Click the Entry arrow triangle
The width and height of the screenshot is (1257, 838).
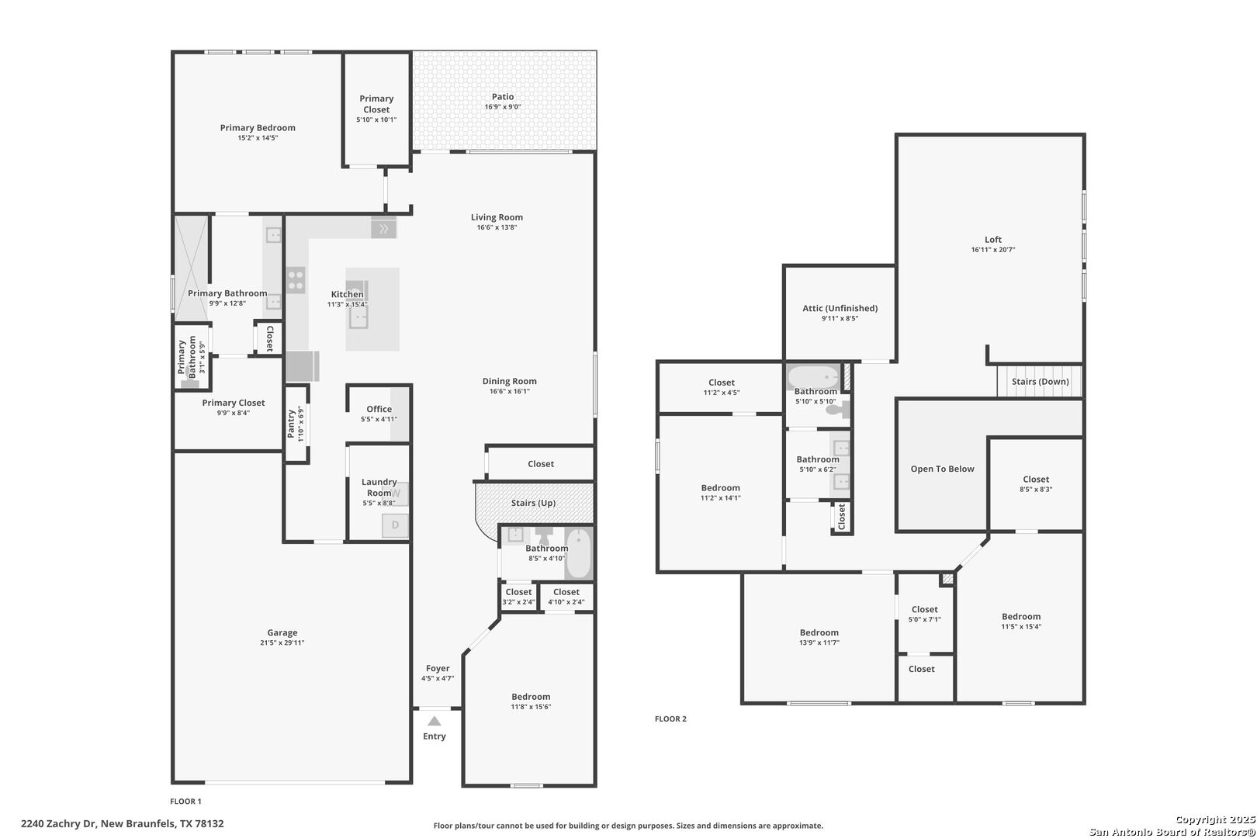point(435,722)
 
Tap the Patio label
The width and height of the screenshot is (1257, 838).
point(503,96)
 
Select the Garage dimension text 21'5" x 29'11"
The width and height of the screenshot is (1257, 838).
point(282,642)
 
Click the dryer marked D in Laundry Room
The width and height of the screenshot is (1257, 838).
point(395,525)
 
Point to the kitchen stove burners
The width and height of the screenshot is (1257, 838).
point(296,280)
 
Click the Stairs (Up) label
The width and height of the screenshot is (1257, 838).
point(533,503)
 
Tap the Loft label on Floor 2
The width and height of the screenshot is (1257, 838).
point(992,240)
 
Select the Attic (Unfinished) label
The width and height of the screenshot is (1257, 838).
point(840,308)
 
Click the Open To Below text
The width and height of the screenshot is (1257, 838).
point(942,469)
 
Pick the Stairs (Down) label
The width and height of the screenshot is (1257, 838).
point(1040,382)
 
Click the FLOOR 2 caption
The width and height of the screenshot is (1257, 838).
point(670,719)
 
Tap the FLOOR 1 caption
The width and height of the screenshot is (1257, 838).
point(185,801)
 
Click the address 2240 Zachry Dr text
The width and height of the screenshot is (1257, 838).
point(58,823)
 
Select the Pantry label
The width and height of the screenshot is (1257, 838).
point(291,424)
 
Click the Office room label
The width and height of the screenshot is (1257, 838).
point(379,409)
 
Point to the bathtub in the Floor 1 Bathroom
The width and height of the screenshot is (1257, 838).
point(579,553)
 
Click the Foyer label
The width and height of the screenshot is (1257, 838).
point(438,668)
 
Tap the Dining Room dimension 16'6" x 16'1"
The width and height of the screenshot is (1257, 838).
point(510,391)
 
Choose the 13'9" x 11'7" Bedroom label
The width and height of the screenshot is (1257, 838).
point(819,632)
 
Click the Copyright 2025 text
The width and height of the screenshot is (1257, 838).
point(1215,819)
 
